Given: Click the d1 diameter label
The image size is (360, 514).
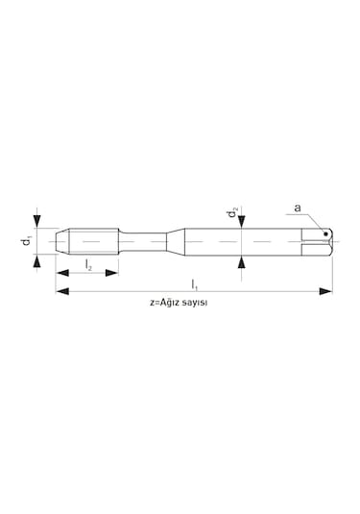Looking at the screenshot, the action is [x=27, y=241].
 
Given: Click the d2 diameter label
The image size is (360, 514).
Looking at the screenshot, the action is [x=232, y=213].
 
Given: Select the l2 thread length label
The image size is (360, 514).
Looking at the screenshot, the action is [x=88, y=264].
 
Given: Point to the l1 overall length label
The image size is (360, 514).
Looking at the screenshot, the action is [x=194, y=284].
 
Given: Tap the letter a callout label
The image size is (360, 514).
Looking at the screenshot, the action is [x=298, y=208].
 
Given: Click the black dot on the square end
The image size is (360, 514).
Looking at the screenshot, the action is [x=325, y=233].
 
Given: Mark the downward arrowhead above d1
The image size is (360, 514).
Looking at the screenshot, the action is [x=38, y=221].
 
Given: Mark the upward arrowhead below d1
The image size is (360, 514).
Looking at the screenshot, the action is [x=38, y=261].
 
